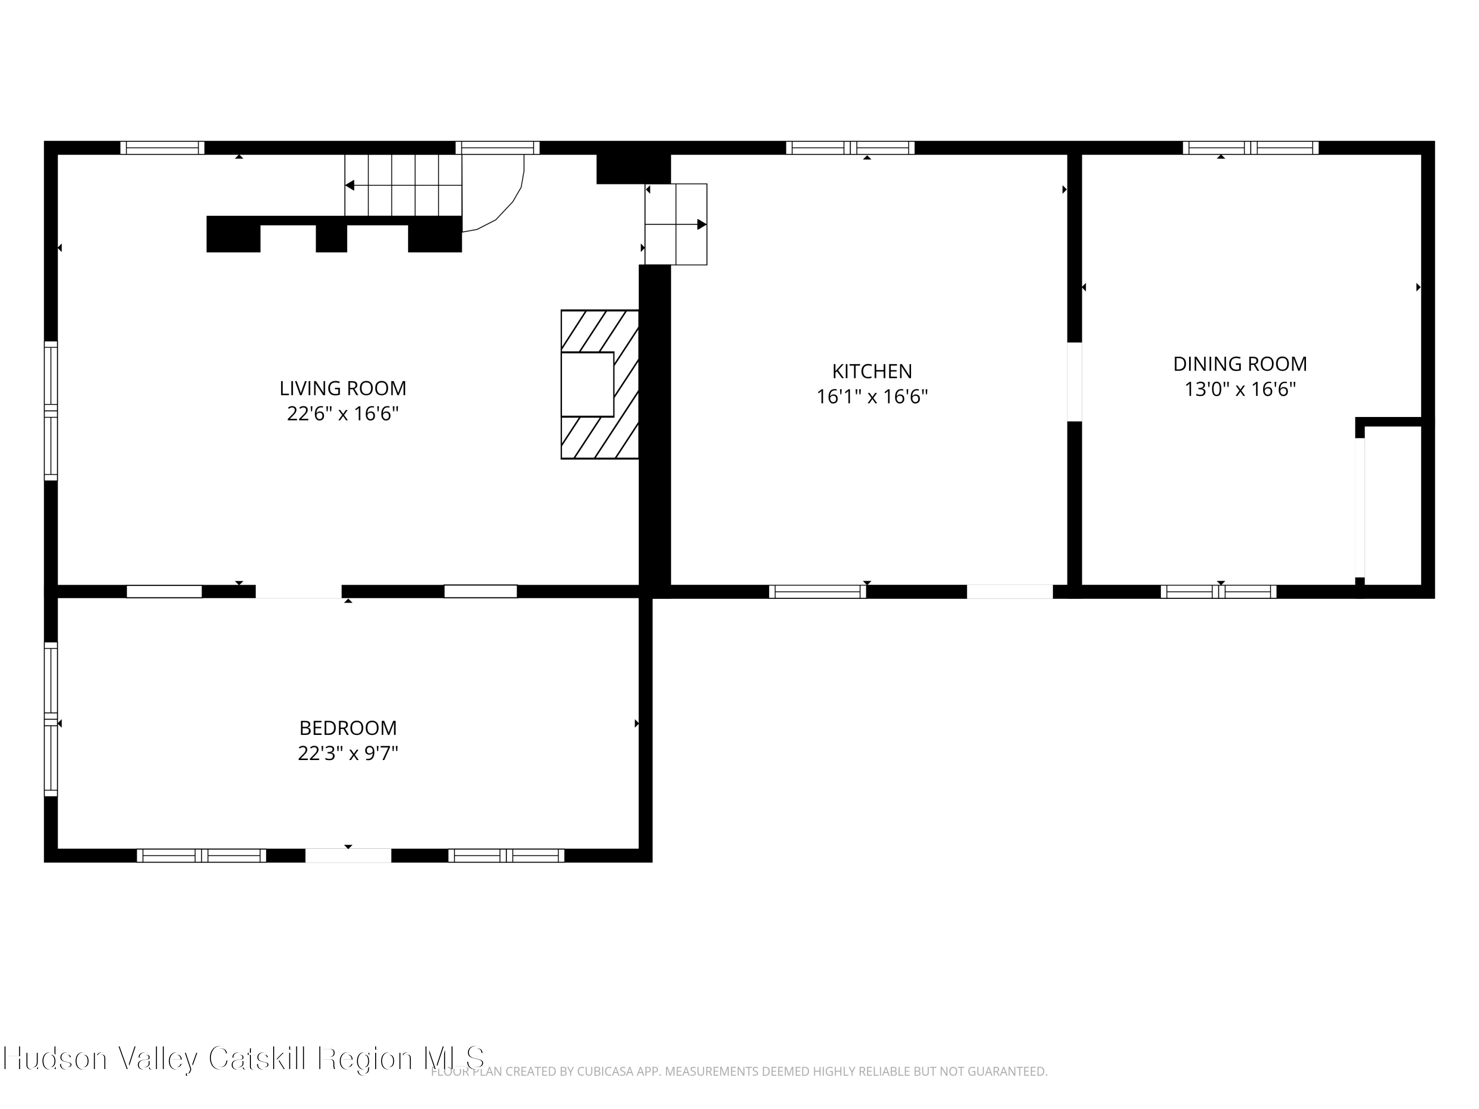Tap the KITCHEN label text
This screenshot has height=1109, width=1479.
[872, 371]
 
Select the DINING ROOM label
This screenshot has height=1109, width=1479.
[1239, 364]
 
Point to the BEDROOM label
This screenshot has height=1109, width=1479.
[348, 728]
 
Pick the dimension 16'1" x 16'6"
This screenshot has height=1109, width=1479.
[872, 396]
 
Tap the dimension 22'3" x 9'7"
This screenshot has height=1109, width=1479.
[348, 753]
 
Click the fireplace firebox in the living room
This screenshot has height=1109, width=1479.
[587, 384]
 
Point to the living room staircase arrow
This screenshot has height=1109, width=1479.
[403, 185]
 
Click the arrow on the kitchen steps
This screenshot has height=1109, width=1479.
[676, 225]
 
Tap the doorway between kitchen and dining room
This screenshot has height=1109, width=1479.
[1074, 381]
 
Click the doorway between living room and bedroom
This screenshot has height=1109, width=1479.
[298, 591]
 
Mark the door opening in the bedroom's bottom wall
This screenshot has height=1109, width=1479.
[349, 856]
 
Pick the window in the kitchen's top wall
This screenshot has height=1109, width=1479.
[850, 148]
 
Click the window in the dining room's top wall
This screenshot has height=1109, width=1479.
[1250, 148]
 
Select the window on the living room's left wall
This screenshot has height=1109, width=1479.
[51, 411]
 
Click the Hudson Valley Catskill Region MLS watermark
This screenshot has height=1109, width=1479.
[244, 1058]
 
